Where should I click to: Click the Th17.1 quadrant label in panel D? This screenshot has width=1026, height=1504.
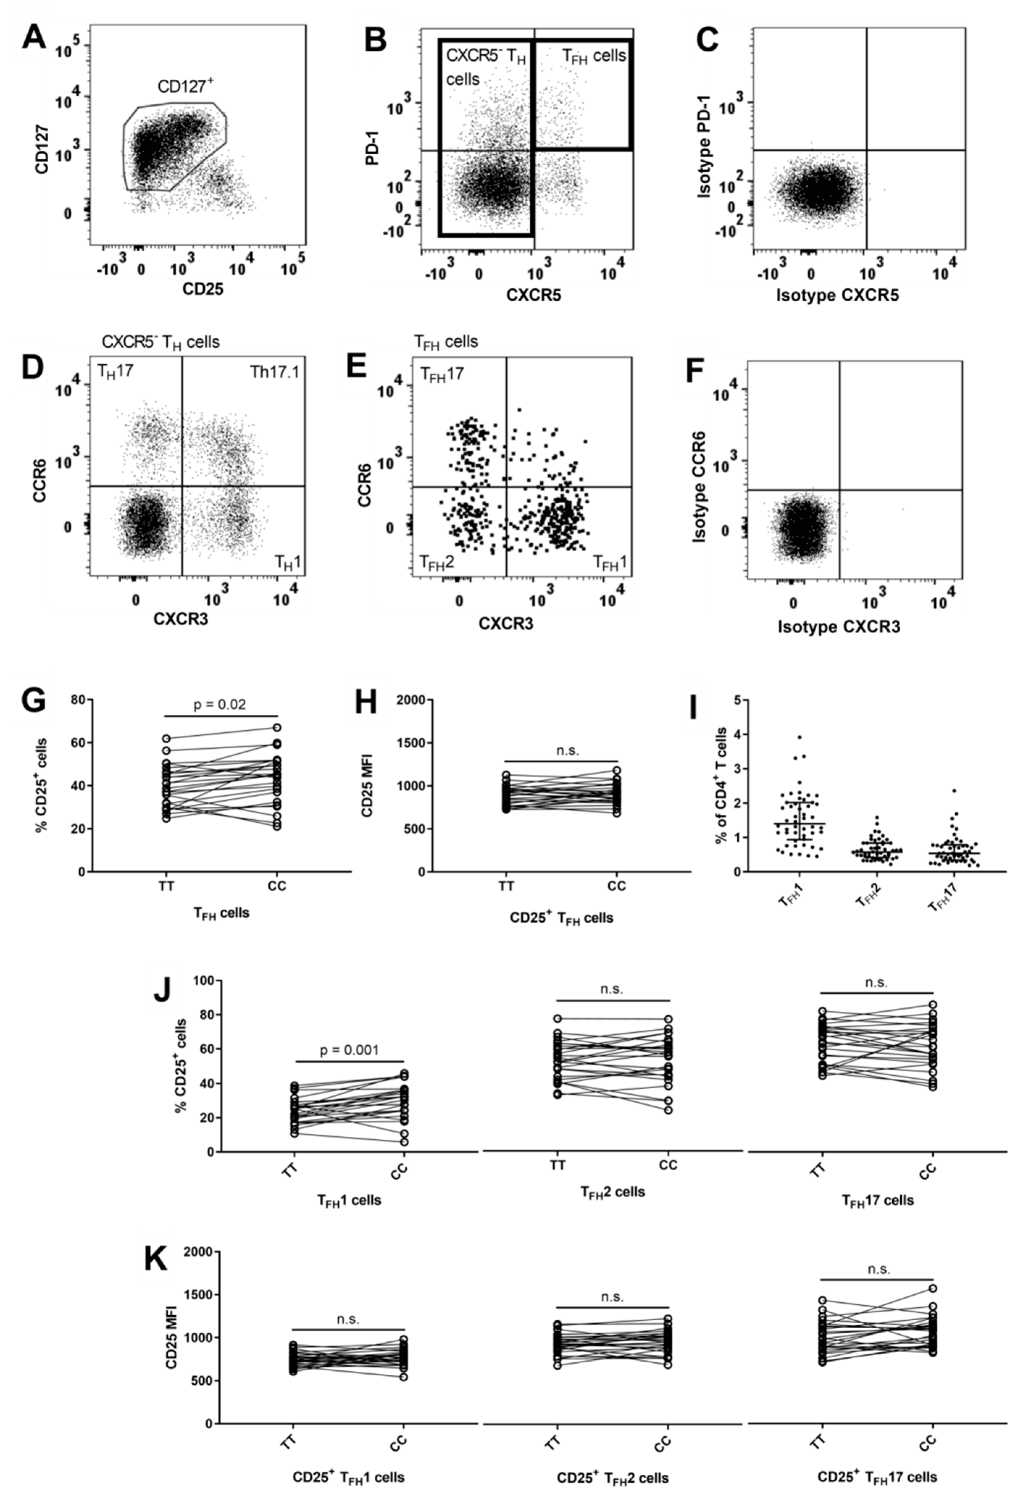[274, 372]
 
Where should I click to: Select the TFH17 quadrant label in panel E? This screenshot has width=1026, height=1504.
[442, 374]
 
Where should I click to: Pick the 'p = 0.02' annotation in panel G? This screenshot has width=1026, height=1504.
[220, 704]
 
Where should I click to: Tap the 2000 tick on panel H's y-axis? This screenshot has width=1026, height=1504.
[410, 699]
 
